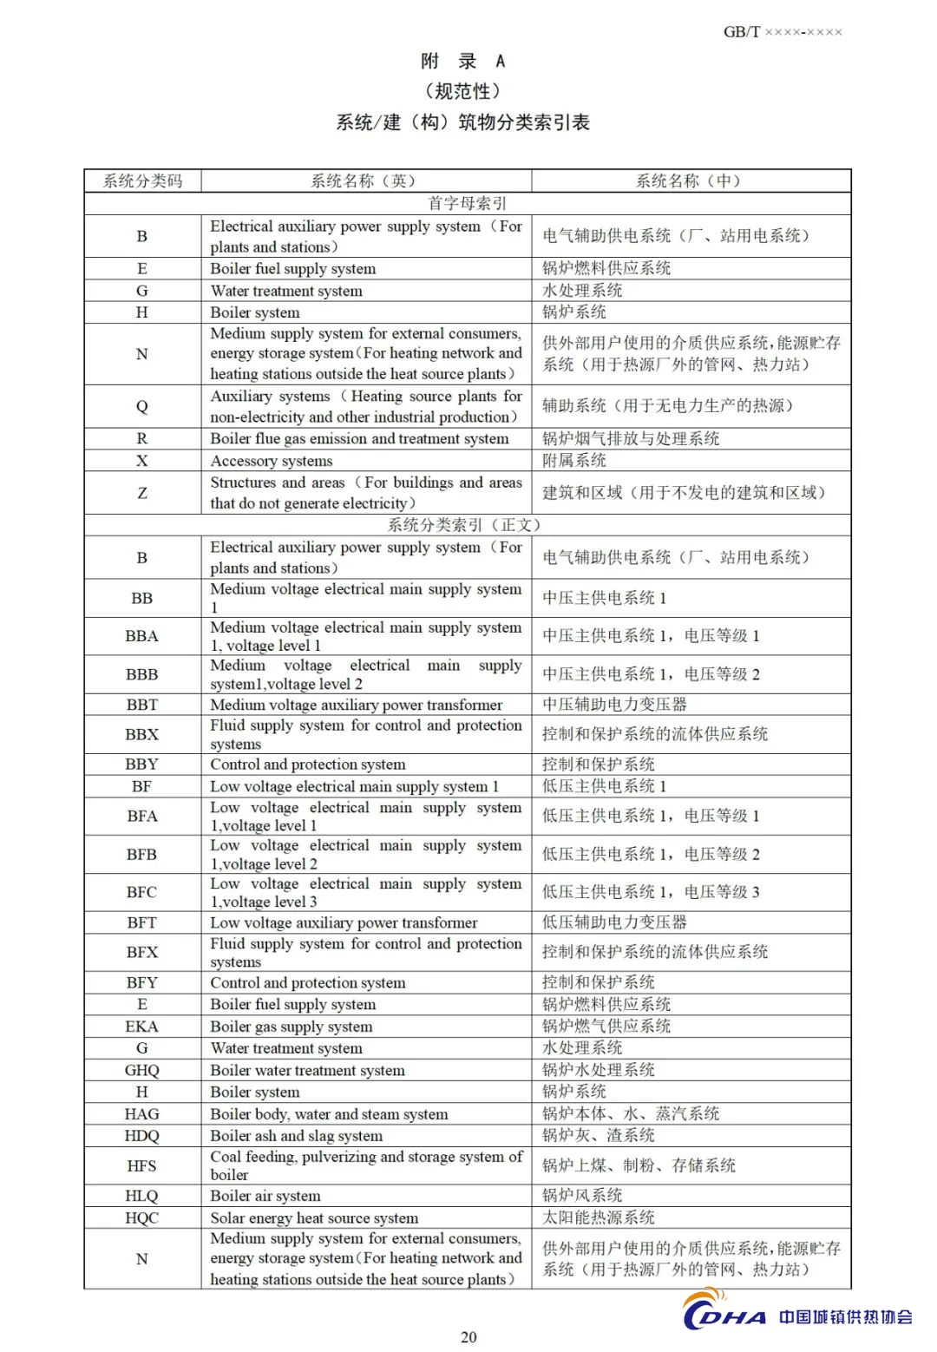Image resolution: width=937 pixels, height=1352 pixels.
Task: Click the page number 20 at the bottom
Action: point(468,1337)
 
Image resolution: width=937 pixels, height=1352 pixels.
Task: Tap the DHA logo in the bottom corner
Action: point(725,1315)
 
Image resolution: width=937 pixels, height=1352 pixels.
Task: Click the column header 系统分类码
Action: point(142,180)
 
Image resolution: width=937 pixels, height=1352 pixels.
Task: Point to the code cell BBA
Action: point(142,636)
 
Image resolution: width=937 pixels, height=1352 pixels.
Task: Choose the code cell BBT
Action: point(142,705)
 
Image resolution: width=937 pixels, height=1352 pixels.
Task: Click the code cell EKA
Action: point(142,1027)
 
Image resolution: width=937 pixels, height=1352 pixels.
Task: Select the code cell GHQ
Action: point(142,1070)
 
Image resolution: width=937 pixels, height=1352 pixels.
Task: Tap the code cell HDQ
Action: point(142,1136)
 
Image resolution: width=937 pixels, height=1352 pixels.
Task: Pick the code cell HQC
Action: point(142,1217)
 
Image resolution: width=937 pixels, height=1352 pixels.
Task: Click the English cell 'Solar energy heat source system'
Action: point(314,1217)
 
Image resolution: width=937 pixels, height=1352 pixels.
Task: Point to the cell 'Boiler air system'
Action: point(265,1196)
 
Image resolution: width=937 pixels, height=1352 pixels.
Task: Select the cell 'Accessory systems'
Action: point(272,461)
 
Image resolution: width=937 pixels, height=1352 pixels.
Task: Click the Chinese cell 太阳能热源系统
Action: point(599,1217)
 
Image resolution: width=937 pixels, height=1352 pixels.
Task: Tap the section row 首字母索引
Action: point(468,203)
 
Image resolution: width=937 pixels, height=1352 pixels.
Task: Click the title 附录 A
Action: point(462,61)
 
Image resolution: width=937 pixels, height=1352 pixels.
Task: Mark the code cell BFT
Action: point(142,922)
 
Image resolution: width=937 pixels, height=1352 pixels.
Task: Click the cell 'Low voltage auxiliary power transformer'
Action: point(344,922)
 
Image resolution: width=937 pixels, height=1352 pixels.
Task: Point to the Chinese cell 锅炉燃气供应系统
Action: point(606,1027)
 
